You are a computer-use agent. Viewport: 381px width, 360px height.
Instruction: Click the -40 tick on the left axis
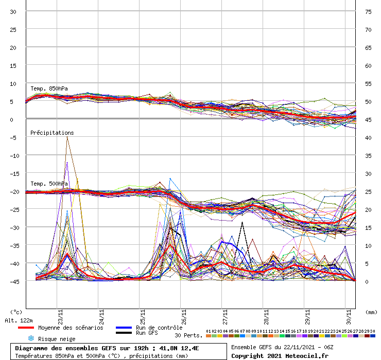pos(14,263)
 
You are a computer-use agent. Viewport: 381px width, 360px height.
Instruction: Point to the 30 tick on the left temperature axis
pos(14,11)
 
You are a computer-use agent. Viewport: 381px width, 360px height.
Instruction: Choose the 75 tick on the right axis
pos(368,11)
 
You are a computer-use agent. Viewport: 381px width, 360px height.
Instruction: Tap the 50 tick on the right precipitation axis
pos(368,101)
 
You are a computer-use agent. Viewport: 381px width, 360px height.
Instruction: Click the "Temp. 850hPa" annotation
pos(49,88)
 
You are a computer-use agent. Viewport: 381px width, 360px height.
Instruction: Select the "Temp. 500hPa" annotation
pos(49,184)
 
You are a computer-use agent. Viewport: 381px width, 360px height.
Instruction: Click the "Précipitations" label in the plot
pos(51,133)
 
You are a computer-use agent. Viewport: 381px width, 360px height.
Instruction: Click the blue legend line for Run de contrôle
pos(124,328)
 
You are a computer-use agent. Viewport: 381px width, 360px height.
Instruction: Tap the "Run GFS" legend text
pos(147,333)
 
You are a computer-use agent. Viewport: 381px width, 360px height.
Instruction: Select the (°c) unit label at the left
pos(16,312)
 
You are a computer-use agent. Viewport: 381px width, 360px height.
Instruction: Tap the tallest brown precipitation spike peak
pos(67,137)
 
